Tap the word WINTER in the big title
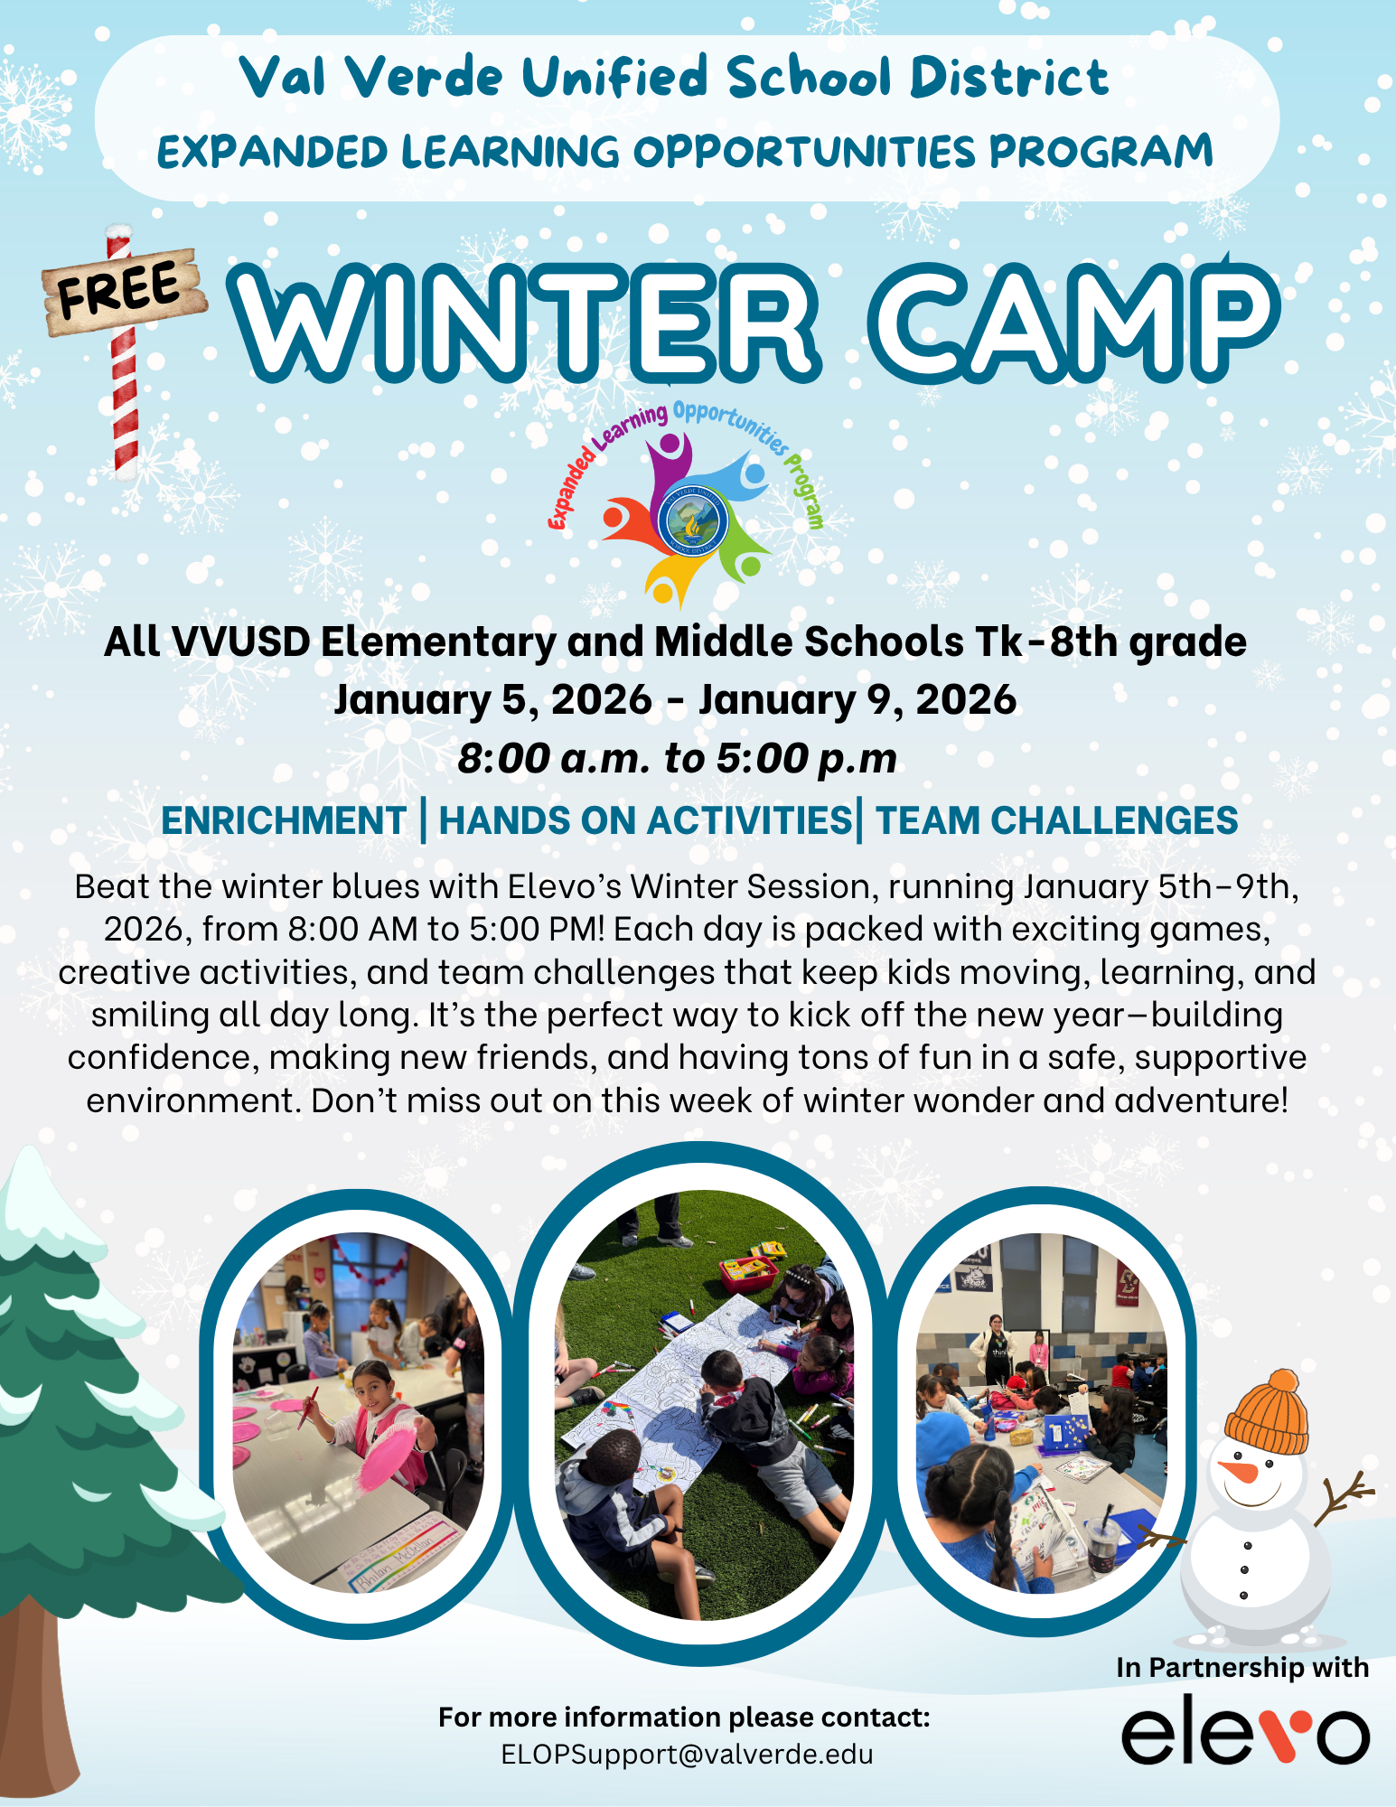524,323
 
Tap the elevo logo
1245,1736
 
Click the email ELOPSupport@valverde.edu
687,1754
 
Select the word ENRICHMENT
284,820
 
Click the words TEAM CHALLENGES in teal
1057,820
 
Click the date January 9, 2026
857,700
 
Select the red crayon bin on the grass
749,1272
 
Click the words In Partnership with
1242,1668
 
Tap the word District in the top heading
1009,78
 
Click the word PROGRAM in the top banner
1101,151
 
